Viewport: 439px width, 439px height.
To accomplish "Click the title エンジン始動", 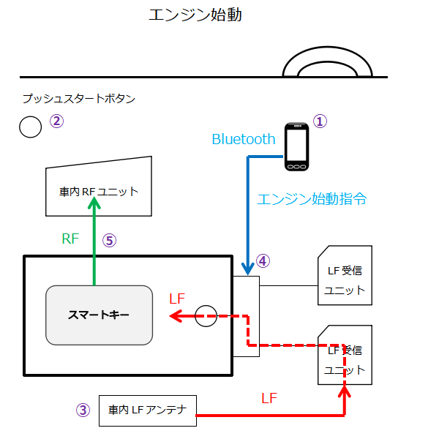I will (195, 15).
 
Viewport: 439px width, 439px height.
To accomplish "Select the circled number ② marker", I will (56, 121).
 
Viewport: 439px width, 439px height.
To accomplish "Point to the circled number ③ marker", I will (83, 410).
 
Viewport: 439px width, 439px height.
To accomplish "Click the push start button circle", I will (30, 127).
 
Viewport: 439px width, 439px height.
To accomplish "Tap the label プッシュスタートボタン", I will (78, 99).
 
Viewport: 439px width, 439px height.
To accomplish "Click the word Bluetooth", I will (243, 139).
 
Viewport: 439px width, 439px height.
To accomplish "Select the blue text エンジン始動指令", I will (312, 199).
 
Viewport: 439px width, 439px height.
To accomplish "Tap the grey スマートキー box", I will (99, 315).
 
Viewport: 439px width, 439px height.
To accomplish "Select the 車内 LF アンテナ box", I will (148, 410).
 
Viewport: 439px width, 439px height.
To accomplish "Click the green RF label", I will (70, 239).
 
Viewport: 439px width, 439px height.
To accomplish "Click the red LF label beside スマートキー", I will (178, 299).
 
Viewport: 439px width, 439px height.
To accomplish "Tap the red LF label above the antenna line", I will (269, 399).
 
